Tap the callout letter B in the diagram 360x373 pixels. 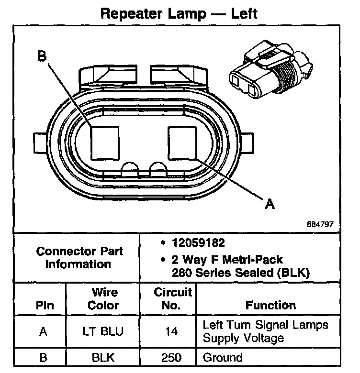pyautogui.click(x=43, y=57)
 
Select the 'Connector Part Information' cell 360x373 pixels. pyautogui.click(x=79, y=257)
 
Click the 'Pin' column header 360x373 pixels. pyautogui.click(x=45, y=305)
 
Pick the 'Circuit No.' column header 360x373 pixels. pyautogui.click(x=173, y=298)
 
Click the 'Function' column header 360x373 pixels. pyautogui.click(x=270, y=305)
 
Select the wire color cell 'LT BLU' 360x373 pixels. pyautogui.click(x=103, y=332)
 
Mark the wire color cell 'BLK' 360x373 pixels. pyautogui.click(x=103, y=357)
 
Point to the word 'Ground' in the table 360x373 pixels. pyautogui.click(x=223, y=357)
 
